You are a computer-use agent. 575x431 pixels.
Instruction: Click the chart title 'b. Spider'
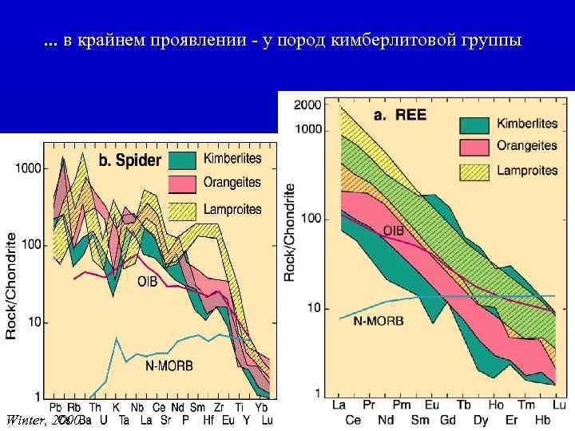point(129,161)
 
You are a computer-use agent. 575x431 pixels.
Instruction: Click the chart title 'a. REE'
point(401,115)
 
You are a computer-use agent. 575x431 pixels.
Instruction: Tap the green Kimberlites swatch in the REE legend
point(474,125)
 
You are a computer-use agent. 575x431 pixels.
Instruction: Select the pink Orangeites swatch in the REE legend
point(474,147)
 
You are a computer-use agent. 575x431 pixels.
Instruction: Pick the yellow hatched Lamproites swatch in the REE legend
point(474,170)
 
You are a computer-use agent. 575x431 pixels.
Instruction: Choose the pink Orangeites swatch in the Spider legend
point(182,184)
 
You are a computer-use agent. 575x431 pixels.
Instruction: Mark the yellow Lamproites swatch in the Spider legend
point(182,210)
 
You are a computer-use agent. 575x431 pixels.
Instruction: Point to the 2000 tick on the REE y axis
point(308,105)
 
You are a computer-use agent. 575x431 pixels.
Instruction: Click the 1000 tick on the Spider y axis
point(27,169)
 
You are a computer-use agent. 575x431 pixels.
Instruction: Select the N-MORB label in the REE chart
point(379,321)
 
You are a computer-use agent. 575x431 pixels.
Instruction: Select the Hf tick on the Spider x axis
point(209,419)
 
